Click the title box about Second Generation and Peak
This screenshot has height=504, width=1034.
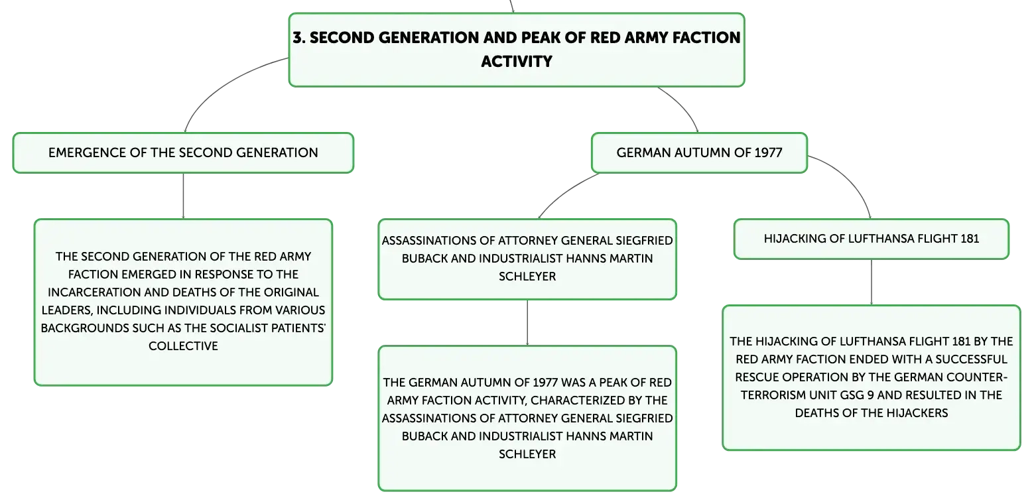tap(517, 50)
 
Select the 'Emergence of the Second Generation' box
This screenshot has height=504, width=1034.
tap(183, 153)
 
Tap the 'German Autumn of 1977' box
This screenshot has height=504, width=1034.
tap(699, 153)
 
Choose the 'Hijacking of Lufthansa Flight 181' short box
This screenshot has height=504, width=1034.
tap(871, 239)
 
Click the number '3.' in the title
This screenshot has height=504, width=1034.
tap(299, 38)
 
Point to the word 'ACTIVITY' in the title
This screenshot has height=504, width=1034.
tap(517, 62)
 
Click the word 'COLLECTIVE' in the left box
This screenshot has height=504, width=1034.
tap(183, 346)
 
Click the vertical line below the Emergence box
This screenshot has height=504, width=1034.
tap(183, 196)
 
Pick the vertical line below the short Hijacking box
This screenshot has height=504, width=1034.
tap(872, 282)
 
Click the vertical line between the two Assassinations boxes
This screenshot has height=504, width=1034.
tap(527, 322)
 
